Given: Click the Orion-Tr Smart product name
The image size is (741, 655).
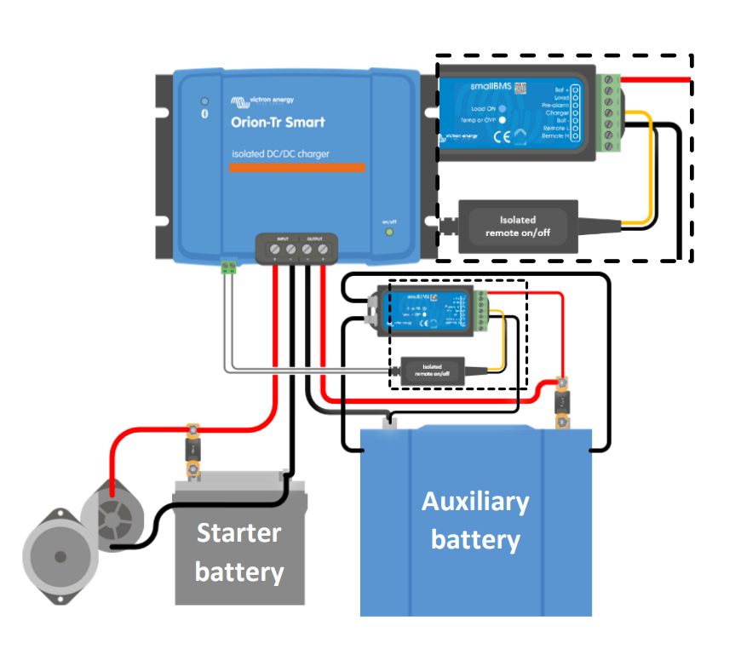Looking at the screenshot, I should pos(278,122).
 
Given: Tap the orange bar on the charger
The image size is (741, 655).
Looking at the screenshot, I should pos(296,167).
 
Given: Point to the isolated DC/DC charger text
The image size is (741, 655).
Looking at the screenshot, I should pos(280,153).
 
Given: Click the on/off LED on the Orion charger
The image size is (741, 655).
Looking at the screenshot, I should pos(389,231).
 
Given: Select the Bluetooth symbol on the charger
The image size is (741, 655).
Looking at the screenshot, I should pos(204,114).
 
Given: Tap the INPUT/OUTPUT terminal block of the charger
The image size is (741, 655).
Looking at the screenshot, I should pos(298,249).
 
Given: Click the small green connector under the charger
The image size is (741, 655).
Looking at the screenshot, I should pos(227,267).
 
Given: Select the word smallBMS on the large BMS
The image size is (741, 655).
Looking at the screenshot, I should pos(490,87).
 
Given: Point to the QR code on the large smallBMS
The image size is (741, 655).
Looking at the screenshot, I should pos(519,87).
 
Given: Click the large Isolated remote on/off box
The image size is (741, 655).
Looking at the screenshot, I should pos(518,227).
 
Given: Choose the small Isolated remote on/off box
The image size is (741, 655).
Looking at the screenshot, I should pos(432,371).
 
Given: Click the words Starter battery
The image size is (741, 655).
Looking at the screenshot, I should pos(238,552).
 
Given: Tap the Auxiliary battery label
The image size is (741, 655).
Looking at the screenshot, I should pos(475,520).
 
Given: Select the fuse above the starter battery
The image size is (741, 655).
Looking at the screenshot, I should pos(193,448).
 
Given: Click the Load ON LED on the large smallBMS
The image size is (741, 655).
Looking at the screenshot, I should pos(503,109).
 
